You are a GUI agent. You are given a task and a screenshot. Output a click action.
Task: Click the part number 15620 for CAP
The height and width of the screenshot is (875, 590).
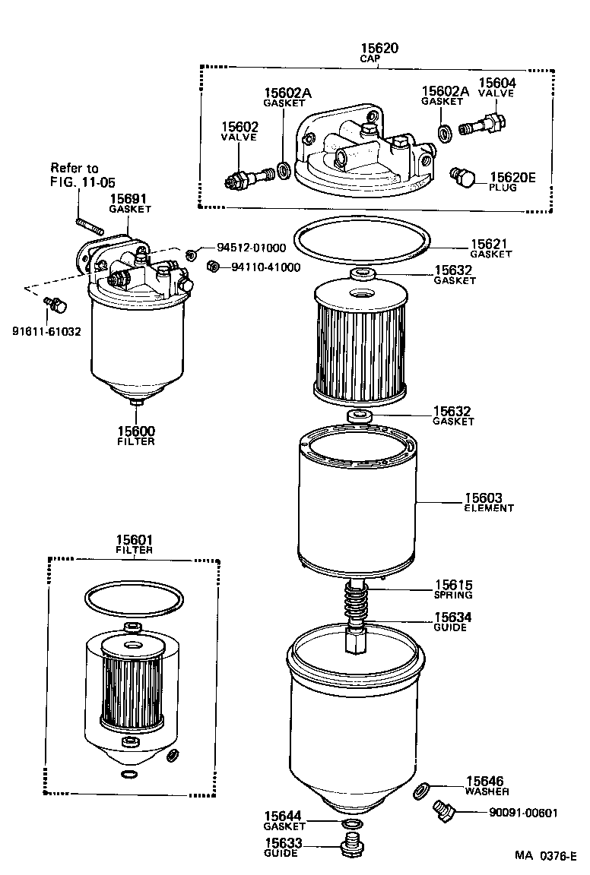tap(379, 48)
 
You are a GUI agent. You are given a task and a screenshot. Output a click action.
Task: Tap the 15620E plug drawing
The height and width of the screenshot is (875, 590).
tap(462, 178)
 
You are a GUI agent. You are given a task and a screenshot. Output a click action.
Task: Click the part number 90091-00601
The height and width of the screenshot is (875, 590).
tap(523, 813)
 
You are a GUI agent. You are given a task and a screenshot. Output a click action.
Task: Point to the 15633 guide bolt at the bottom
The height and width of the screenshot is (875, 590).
tap(351, 845)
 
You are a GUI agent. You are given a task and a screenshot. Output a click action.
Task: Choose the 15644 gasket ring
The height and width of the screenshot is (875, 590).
tap(351, 824)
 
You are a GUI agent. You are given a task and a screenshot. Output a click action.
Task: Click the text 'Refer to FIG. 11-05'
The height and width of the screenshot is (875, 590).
tap(75, 174)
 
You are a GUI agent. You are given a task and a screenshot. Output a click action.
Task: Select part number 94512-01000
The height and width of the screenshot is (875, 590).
tap(251, 248)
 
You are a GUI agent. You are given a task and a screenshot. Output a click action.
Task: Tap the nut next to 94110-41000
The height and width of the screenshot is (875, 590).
tap(214, 267)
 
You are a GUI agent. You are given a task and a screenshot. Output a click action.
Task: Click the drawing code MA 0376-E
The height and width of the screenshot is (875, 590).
tap(544, 856)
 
